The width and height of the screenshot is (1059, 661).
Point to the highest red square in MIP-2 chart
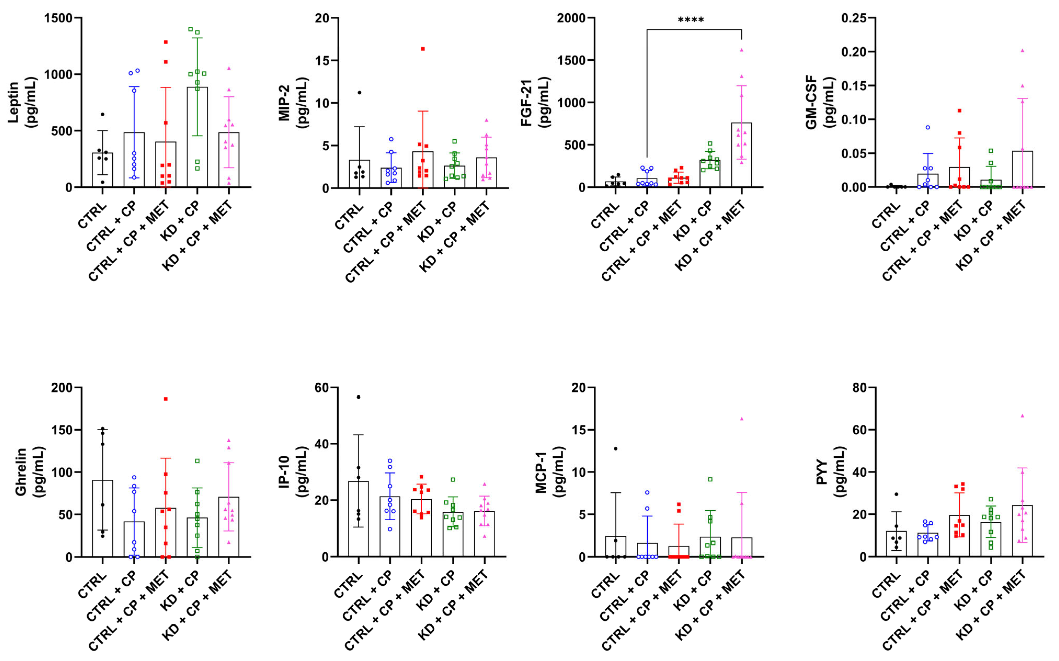pyautogui.click(x=423, y=49)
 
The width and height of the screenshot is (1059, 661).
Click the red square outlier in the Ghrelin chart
pyautogui.click(x=166, y=399)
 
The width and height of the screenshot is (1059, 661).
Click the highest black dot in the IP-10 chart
pyautogui.click(x=358, y=397)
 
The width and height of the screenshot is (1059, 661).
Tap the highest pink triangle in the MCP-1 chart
pyautogui.click(x=741, y=419)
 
